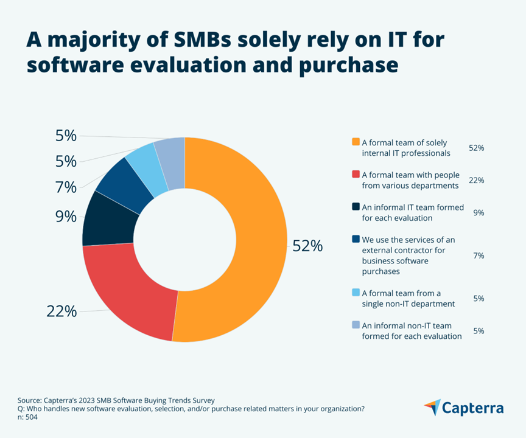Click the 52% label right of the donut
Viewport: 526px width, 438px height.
(307, 246)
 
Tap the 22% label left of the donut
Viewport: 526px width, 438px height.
(61, 311)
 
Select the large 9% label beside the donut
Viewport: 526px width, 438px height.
(66, 217)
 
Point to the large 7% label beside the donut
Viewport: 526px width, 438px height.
(66, 187)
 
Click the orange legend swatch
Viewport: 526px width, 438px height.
(356, 142)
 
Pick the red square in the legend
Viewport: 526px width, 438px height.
(356, 175)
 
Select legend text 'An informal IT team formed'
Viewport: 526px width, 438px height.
(408, 207)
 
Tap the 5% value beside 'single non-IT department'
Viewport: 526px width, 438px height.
(478, 299)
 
